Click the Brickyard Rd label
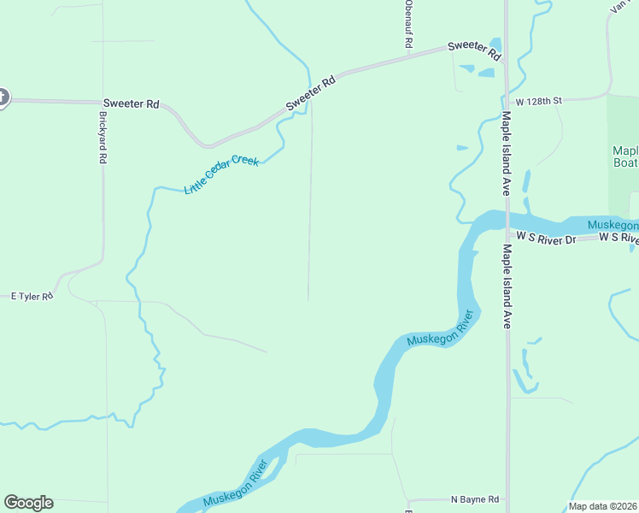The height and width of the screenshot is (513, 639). pos(102,138)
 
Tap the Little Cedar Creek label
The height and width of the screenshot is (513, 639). pos(221,174)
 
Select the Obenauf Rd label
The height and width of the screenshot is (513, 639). pos(409,23)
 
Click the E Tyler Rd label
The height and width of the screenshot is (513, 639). pos(32,296)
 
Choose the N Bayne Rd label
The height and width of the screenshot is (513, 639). pos(474,499)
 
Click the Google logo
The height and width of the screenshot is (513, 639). pos(28,503)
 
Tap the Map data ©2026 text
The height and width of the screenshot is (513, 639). pos(602,506)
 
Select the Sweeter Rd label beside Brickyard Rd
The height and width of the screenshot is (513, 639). pos(131,103)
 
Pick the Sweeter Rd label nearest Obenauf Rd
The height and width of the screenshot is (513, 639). pos(475,50)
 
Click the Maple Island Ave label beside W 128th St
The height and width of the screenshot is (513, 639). pos(506,153)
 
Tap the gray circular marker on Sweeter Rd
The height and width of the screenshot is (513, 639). pos(2,97)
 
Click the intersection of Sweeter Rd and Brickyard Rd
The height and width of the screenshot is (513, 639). pos(103,101)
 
